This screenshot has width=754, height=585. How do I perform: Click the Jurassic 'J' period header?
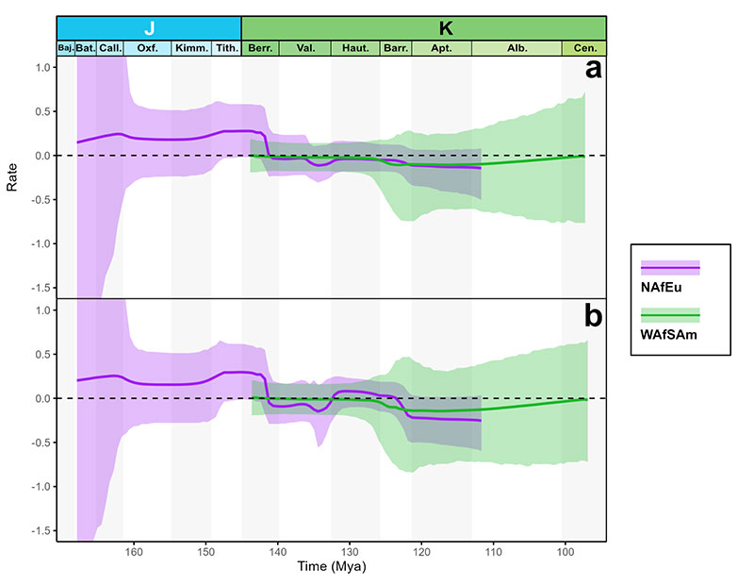point(149,27)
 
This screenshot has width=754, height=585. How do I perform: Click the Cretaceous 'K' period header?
point(446,27)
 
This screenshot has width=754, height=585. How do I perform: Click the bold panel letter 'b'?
point(593,316)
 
